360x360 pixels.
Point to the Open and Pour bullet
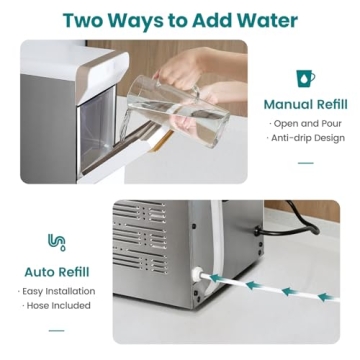tap(305, 124)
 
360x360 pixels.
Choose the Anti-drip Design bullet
tap(305, 139)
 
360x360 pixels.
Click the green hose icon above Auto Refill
tap(56, 242)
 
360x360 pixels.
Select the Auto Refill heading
tap(56, 271)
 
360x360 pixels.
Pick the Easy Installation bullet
tap(56, 291)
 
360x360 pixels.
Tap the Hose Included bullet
tap(56, 307)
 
